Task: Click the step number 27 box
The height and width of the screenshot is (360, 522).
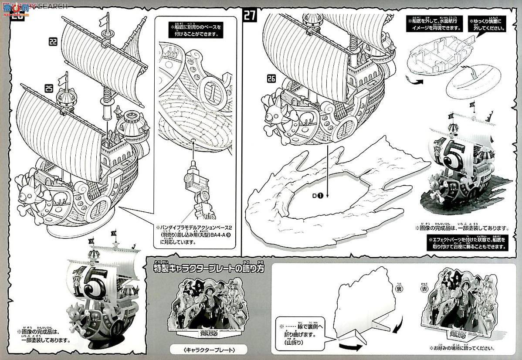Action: pyautogui.click(x=250, y=16)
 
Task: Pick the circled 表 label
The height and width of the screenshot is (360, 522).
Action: pyautogui.click(x=424, y=289)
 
